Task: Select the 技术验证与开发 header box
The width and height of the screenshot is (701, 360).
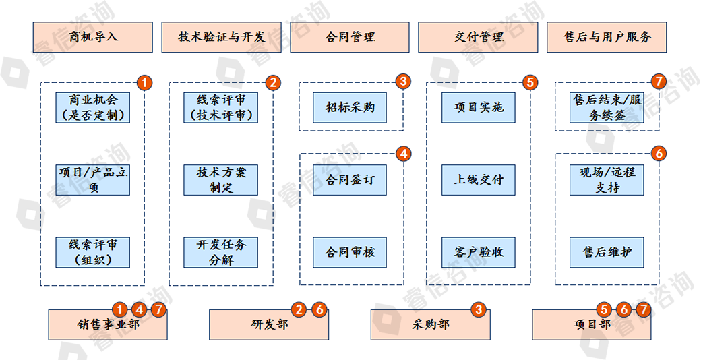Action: (221, 37)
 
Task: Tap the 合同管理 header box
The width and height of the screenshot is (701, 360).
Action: (350, 37)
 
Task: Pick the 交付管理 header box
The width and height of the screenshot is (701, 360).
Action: (478, 37)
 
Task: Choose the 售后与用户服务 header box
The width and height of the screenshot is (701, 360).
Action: (607, 37)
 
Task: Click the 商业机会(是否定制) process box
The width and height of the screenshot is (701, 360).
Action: (93, 107)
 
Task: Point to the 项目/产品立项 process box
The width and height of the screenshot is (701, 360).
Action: (93, 180)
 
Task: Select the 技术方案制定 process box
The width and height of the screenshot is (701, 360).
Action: (221, 180)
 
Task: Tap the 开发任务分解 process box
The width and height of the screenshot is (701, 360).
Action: (221, 252)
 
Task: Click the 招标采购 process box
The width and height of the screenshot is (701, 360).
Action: (350, 107)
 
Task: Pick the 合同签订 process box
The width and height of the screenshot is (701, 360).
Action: (350, 180)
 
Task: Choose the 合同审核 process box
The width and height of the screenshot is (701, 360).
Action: (350, 252)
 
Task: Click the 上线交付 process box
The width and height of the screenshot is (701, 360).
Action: (478, 180)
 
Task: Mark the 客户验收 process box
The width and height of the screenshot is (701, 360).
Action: (478, 252)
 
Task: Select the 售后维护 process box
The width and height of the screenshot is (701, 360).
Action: (607, 252)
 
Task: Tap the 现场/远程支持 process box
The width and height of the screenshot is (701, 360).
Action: (607, 180)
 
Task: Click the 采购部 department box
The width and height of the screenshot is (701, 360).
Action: (431, 325)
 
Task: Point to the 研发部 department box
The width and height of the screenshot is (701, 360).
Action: (269, 325)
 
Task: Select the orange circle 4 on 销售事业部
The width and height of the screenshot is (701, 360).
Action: (138, 310)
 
